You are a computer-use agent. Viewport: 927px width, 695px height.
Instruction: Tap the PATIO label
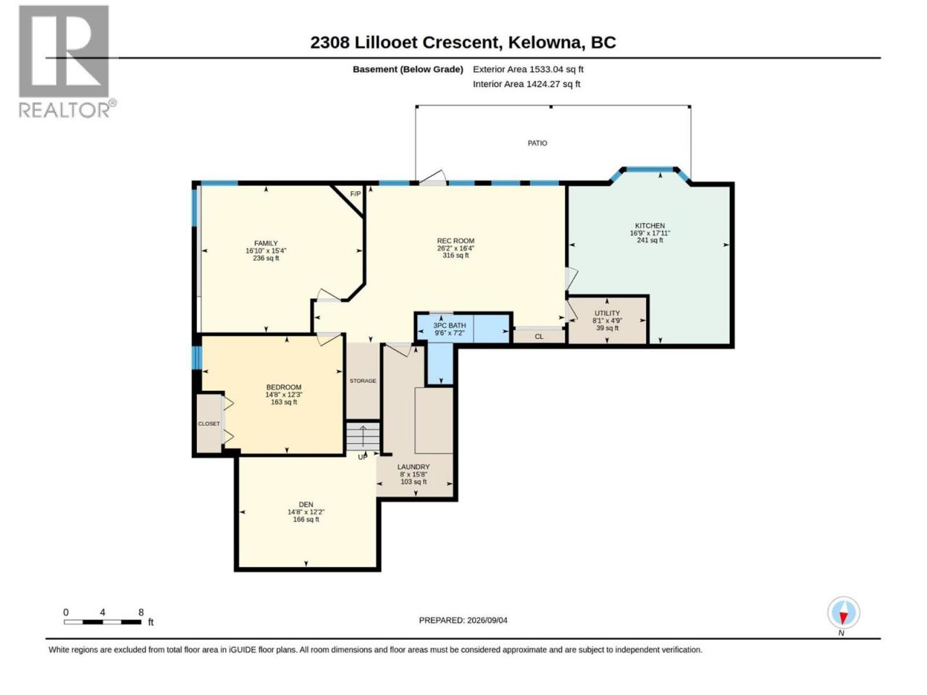click(537, 143)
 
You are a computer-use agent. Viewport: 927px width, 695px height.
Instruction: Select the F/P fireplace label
click(356, 194)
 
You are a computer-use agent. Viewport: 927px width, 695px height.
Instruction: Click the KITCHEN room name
click(650, 226)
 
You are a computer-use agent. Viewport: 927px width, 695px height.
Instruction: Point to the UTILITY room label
click(607, 313)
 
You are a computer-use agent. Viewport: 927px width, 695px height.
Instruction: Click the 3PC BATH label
click(449, 325)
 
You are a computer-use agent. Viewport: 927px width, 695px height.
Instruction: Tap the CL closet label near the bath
click(539, 337)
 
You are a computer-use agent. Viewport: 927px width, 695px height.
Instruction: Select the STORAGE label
click(363, 381)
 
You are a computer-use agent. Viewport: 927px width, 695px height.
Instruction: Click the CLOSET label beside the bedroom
click(209, 424)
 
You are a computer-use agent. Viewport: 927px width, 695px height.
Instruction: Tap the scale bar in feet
click(103, 622)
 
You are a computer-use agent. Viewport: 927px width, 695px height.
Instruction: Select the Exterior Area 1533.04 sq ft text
click(528, 69)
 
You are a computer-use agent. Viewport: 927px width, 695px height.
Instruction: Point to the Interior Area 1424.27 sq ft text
click(527, 84)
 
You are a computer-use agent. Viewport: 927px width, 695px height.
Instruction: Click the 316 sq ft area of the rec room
click(456, 256)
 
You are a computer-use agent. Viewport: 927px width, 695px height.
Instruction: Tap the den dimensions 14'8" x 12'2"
click(306, 512)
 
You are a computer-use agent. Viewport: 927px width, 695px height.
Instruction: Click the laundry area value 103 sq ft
click(414, 481)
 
